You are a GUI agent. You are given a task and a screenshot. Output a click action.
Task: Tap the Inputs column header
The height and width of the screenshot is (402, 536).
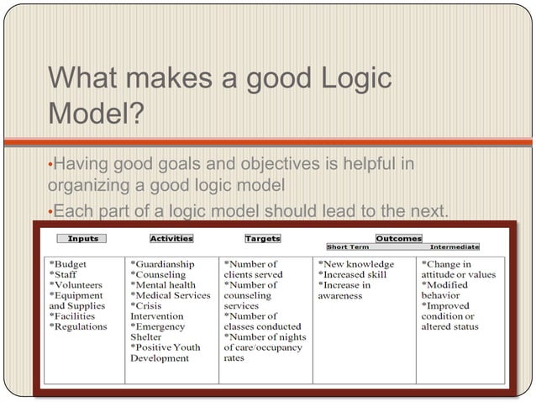click(x=82, y=239)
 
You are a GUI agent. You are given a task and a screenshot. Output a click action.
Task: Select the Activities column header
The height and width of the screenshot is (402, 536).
click(x=171, y=239)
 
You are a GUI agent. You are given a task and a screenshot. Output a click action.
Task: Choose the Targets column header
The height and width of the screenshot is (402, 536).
click(x=262, y=239)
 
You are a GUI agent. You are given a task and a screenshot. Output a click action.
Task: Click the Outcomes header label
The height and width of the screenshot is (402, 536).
click(x=398, y=239)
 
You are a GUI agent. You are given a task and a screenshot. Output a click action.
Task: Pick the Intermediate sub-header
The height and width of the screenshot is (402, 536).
click(x=455, y=247)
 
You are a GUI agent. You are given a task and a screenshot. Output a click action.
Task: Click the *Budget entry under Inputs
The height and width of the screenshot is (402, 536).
click(x=69, y=264)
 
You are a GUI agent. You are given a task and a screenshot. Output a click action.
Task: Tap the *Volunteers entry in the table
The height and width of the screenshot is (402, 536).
click(x=78, y=285)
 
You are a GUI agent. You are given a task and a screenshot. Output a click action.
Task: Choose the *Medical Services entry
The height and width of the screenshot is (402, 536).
click(x=171, y=296)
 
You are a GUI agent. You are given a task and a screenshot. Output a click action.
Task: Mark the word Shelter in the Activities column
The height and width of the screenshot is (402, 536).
click(x=149, y=337)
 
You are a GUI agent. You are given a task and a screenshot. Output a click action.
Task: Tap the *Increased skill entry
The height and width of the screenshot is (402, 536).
click(x=353, y=275)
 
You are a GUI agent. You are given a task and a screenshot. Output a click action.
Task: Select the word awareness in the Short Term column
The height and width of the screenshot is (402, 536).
click(x=340, y=296)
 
